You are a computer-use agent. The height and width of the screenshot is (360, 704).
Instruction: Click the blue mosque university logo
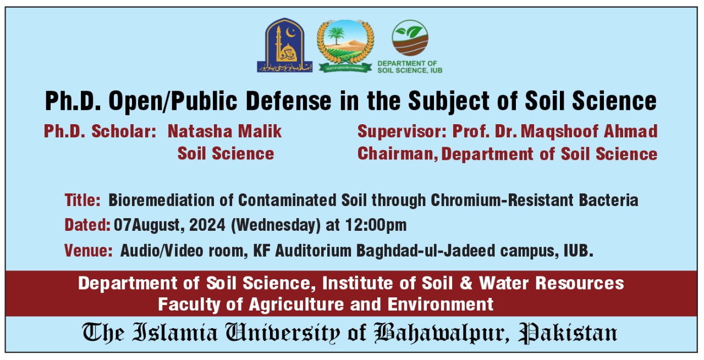tap(285, 46)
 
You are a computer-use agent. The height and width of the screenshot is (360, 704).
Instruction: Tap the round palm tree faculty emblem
tap(345, 46)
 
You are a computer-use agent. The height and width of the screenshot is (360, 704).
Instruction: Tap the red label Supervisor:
tap(403, 131)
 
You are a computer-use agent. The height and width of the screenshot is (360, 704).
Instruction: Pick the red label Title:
tap(82, 200)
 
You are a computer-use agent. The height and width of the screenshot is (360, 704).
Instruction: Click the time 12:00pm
tap(376, 225)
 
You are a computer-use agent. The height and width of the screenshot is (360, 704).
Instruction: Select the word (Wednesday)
tap(277, 225)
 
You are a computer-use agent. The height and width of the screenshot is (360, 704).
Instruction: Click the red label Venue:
tap(89, 251)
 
